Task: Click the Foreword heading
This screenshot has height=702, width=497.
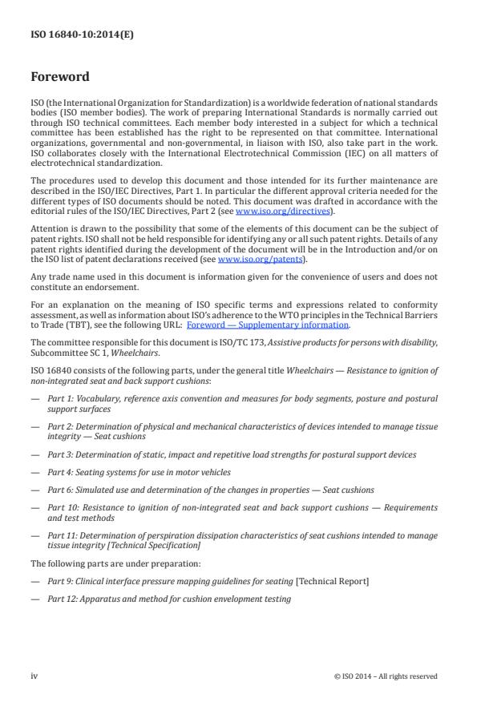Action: click(x=60, y=78)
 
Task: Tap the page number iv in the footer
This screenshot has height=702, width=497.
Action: click(x=34, y=676)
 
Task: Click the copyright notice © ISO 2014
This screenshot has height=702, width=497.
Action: click(x=385, y=676)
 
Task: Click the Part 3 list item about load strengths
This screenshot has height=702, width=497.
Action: click(x=232, y=454)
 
